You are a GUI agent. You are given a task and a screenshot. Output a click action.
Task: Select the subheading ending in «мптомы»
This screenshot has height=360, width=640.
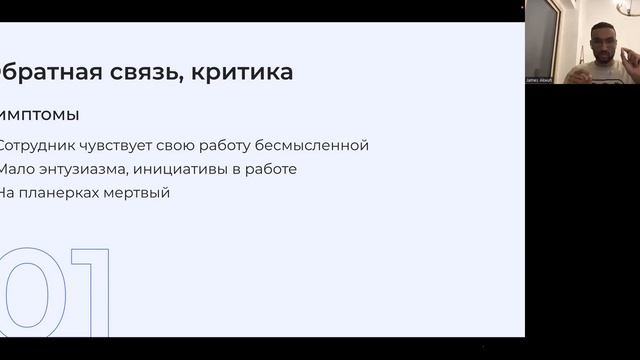[40, 114]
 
